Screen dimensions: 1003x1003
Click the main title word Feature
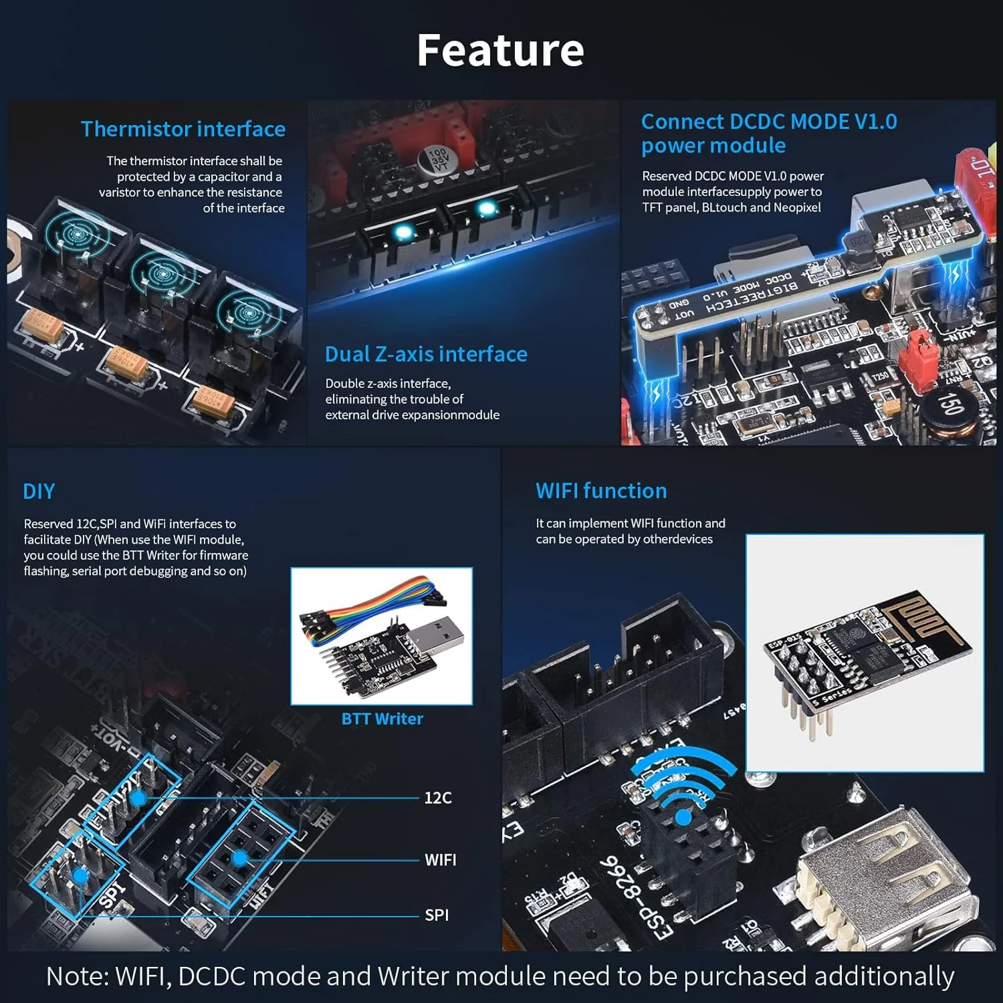click(500, 50)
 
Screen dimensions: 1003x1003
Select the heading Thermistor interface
click(183, 129)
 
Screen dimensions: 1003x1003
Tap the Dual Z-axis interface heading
click(426, 354)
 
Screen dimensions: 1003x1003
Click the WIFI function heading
click(601, 491)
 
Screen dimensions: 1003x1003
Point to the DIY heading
click(39, 491)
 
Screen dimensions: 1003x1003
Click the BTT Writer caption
click(382, 719)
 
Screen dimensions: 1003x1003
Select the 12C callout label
click(438, 798)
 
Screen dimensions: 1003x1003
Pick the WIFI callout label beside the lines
click(440, 860)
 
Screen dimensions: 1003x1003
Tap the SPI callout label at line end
click(437, 915)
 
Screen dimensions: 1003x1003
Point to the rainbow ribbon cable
click(374, 602)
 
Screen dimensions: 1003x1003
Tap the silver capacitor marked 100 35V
click(438, 161)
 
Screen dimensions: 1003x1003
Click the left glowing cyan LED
click(403, 232)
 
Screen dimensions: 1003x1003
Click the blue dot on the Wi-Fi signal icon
click(683, 817)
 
